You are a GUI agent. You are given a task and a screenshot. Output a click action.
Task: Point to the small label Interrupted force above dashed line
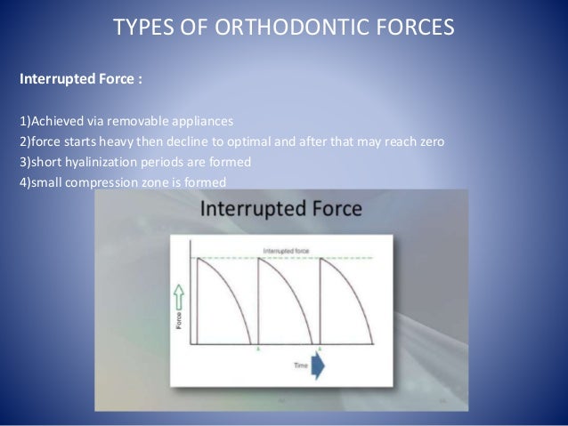(x=290, y=250)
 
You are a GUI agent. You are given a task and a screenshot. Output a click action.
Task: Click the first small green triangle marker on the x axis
(x=258, y=350)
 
